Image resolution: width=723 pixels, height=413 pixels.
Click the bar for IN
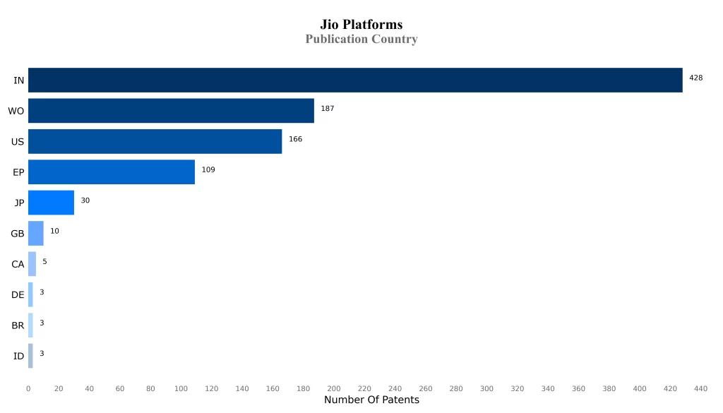click(355, 80)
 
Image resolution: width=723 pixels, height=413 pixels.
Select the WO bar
click(171, 111)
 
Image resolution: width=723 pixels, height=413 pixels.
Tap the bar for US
click(155, 141)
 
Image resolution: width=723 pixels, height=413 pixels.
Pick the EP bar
click(112, 172)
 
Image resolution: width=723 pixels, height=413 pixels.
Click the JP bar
click(51, 203)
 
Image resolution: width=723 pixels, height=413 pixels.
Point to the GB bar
click(36, 233)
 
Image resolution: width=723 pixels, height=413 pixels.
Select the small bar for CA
click(32, 264)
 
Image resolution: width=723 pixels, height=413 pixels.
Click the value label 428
click(695, 78)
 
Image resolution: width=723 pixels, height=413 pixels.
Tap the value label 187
click(327, 109)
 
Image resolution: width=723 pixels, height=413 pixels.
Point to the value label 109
click(208, 169)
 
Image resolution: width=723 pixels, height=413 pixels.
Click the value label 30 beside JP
click(85, 200)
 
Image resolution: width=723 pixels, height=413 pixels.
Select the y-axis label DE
click(18, 295)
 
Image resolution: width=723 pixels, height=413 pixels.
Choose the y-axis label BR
click(18, 325)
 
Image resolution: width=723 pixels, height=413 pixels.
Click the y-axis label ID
click(19, 356)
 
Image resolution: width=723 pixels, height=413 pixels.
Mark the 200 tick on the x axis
click(334, 388)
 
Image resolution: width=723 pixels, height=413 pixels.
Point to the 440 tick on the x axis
click(701, 388)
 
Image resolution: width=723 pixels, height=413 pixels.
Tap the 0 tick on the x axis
click(28, 388)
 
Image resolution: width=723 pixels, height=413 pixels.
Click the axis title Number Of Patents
click(371, 400)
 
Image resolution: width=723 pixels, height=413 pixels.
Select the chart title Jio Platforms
click(361, 25)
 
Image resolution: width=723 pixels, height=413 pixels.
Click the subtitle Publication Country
click(361, 40)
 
